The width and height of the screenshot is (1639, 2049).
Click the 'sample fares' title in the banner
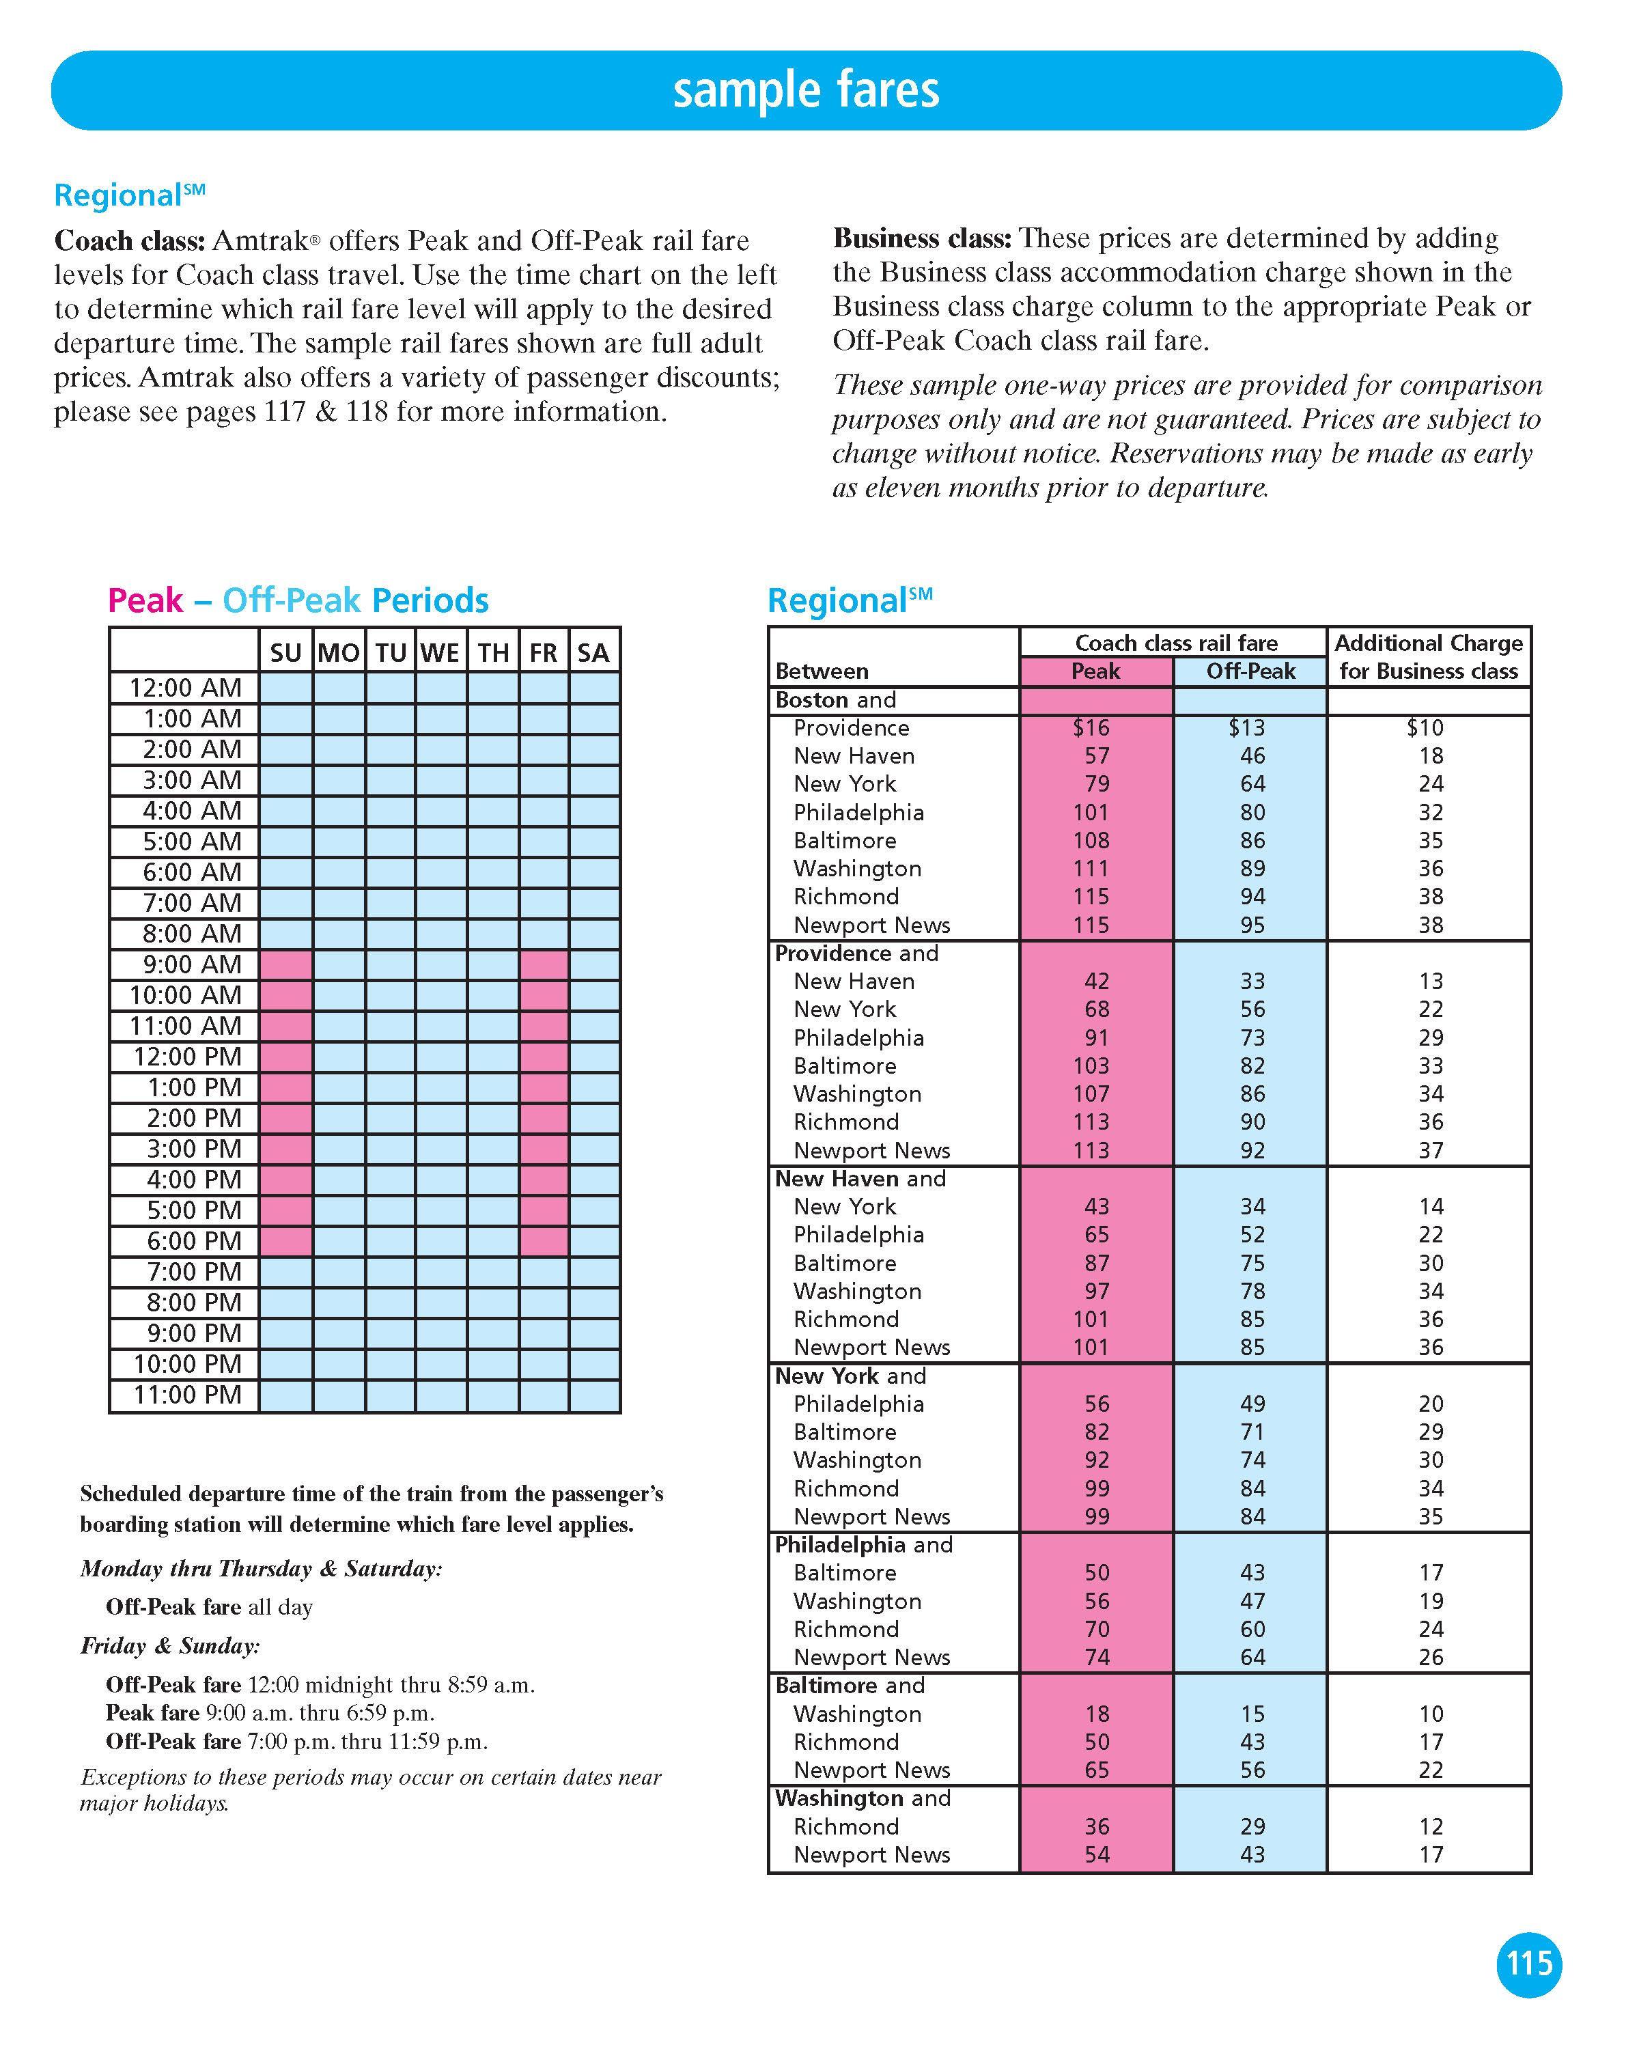(806, 90)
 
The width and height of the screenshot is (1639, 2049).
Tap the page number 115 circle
(1529, 1964)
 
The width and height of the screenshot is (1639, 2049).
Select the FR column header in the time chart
(544, 652)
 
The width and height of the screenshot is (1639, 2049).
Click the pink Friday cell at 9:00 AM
(544, 964)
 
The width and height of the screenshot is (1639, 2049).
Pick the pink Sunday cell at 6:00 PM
(286, 1241)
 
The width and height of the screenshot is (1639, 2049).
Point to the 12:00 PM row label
(187, 1057)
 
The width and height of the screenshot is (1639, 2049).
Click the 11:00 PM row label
(187, 1395)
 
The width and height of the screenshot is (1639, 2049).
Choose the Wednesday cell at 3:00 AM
(441, 780)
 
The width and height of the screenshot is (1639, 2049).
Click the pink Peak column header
(1095, 671)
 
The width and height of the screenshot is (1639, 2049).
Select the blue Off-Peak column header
(1250, 671)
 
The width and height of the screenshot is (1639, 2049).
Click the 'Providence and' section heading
(856, 953)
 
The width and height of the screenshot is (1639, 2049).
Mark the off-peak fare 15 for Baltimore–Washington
(1252, 1714)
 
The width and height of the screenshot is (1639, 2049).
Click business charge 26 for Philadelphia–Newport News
(1431, 1658)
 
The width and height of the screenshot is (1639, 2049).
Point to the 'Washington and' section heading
(862, 1798)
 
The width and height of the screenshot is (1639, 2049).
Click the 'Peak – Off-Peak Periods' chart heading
(298, 600)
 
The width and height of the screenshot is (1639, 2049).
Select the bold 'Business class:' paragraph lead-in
(922, 238)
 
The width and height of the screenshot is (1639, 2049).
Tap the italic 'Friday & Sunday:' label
(170, 1646)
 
